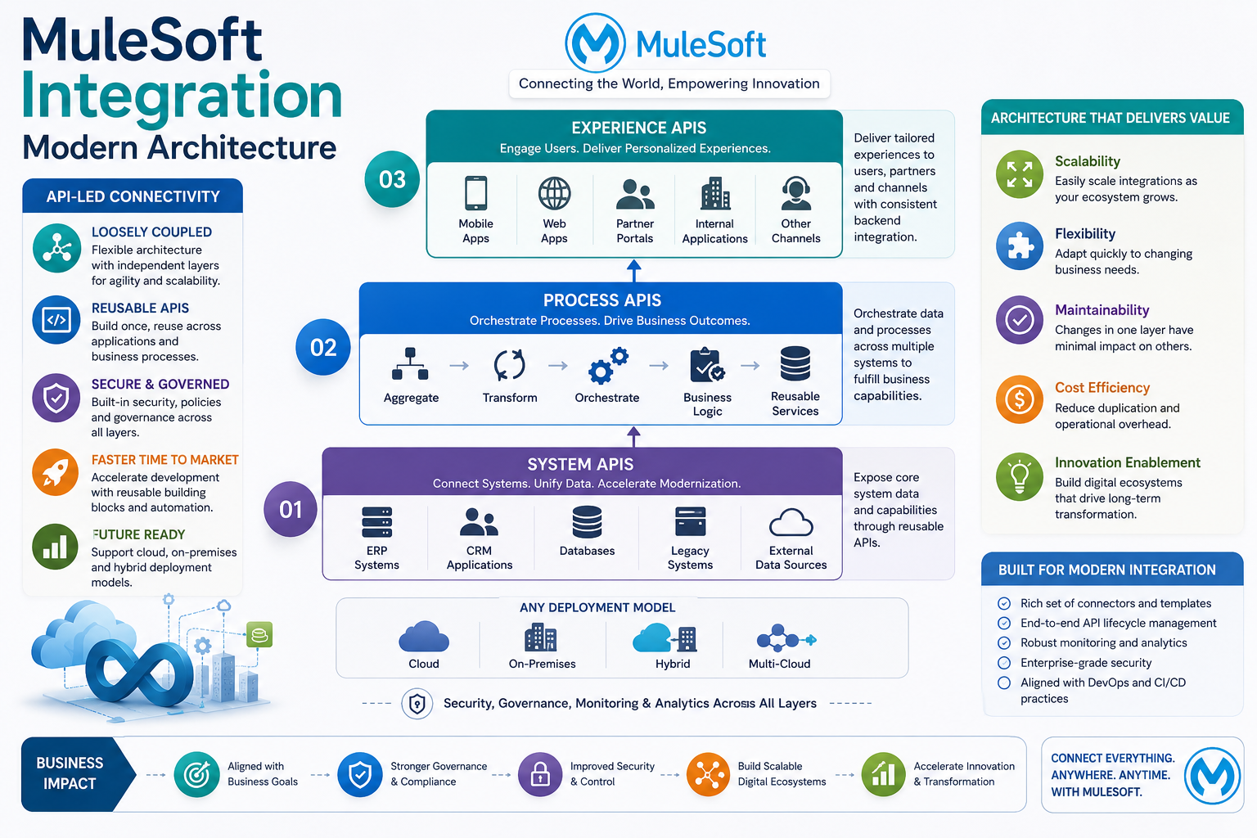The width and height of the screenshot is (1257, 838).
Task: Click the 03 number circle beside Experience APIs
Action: pos(392,179)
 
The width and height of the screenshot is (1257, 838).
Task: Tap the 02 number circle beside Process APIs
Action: pos(323,347)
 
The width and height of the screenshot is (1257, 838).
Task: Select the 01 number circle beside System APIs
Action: pos(291,509)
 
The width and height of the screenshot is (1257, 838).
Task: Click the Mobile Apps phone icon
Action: pos(475,193)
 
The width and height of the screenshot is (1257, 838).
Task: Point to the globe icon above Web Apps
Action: pos(554,193)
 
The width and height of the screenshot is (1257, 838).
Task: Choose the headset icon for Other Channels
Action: pos(795,193)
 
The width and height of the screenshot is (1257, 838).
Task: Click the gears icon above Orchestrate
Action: pos(608,365)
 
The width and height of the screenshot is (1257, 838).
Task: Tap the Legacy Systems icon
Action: pos(690,521)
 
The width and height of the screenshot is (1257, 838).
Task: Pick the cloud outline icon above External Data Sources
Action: pos(791,522)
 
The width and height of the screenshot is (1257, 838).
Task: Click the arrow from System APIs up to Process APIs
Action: pos(633,437)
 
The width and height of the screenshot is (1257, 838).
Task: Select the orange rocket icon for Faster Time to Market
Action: pos(55,472)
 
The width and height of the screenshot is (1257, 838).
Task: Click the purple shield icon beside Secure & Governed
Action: pos(56,398)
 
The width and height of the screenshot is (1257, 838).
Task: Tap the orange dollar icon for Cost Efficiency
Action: pos(1019,399)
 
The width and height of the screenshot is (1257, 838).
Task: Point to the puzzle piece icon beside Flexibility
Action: pos(1019,246)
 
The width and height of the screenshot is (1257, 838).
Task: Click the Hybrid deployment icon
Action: pos(665,638)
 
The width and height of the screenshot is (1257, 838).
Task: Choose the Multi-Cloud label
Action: pos(779,664)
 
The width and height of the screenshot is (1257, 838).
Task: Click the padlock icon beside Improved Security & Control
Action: pos(540,774)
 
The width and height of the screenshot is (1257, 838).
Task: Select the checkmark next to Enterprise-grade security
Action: pos(1004,663)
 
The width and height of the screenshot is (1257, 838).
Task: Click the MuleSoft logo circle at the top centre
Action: pos(595,43)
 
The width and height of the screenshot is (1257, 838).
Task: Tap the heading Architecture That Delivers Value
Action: pos(1110,118)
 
